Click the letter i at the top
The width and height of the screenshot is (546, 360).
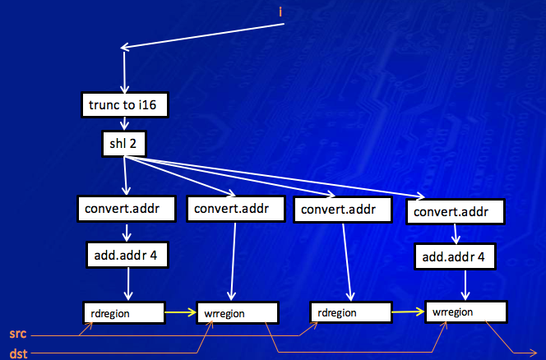tap(281, 11)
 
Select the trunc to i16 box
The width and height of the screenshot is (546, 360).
tap(122, 105)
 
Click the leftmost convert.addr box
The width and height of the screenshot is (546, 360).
tap(127, 209)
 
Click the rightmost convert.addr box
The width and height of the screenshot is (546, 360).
tap(455, 212)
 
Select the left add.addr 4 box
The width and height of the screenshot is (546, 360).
tap(127, 255)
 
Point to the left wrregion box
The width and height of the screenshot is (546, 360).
tap(237, 313)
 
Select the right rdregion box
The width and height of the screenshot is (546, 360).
tap(349, 312)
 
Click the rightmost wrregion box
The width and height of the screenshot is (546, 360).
tap(465, 312)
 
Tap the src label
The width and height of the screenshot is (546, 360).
tap(16, 335)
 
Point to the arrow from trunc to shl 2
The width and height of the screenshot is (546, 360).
tap(123, 123)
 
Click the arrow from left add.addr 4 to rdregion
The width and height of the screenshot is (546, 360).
tap(127, 284)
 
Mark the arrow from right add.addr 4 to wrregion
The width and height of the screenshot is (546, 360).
tap(466, 286)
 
